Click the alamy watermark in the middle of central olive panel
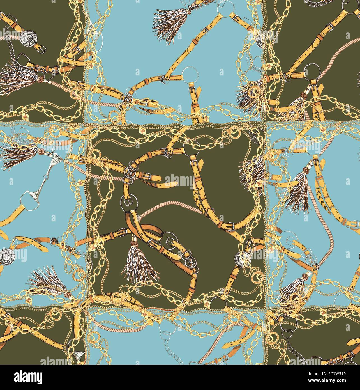pos(180,180)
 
